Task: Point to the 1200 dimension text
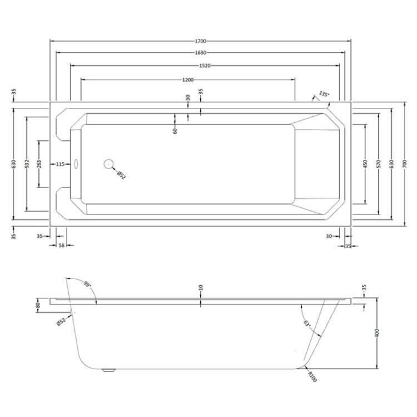coord(188,80)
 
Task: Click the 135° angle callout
coord(324,94)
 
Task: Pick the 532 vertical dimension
coord(26,164)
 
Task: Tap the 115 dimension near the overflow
coord(60,164)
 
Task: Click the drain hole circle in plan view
coord(109,164)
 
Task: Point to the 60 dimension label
coord(175,130)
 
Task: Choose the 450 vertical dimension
coord(365,164)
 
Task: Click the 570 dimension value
coord(378,164)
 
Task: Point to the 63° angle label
coord(307,325)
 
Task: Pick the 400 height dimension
coord(376,334)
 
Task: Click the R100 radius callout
coord(312,376)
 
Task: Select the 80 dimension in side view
coord(38,306)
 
